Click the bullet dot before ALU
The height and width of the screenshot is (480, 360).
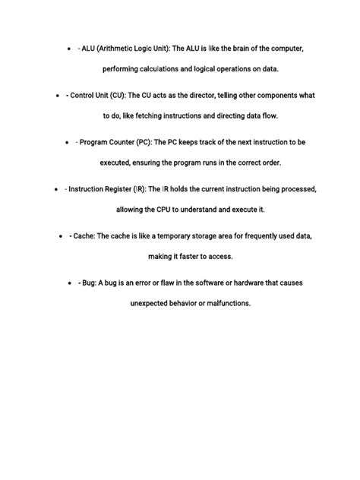pos(69,49)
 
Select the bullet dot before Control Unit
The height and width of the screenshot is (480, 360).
pos(59,96)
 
